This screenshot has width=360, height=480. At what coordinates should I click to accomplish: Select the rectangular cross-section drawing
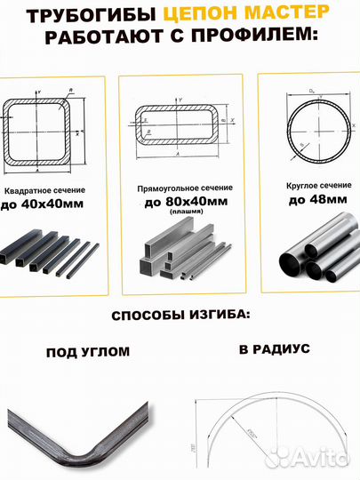(179, 124)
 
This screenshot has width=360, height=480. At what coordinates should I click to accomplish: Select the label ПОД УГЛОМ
(87, 352)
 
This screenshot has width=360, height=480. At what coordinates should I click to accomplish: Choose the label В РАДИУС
(274, 349)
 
